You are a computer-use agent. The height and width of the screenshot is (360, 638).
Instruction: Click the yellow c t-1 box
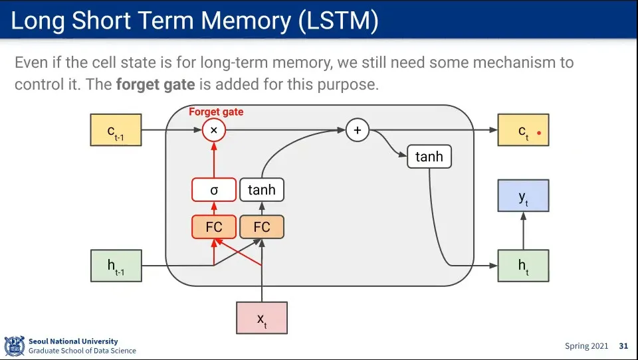click(x=116, y=130)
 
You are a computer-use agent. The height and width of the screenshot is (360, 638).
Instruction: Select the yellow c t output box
click(x=523, y=130)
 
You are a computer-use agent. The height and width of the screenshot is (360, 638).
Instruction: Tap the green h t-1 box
click(x=116, y=266)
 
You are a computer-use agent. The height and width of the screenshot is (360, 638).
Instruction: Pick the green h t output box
click(x=523, y=266)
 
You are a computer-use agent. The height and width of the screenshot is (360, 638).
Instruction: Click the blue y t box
click(x=523, y=196)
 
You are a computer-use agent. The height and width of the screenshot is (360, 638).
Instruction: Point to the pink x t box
click(x=262, y=317)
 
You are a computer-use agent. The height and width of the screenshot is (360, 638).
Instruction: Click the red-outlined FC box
click(x=214, y=227)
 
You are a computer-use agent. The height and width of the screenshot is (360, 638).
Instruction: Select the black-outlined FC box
click(x=262, y=227)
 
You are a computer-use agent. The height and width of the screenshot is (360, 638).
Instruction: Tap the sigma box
click(x=214, y=189)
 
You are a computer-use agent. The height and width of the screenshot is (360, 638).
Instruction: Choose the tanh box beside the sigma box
click(x=262, y=189)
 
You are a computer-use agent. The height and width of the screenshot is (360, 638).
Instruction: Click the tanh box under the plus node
click(x=429, y=157)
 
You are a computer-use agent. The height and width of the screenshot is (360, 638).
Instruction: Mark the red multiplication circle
click(x=214, y=130)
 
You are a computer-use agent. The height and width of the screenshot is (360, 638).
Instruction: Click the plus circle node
click(x=358, y=130)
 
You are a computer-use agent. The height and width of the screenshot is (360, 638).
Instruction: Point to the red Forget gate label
click(x=216, y=112)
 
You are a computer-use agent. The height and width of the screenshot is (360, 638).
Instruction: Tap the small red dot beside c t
click(x=539, y=133)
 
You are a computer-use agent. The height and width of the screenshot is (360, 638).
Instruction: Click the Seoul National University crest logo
click(x=15, y=346)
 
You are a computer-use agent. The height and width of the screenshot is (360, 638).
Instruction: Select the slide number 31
click(x=623, y=346)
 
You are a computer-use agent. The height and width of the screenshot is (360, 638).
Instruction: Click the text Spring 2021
click(x=586, y=346)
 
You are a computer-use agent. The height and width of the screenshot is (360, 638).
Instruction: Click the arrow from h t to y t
click(x=523, y=230)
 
